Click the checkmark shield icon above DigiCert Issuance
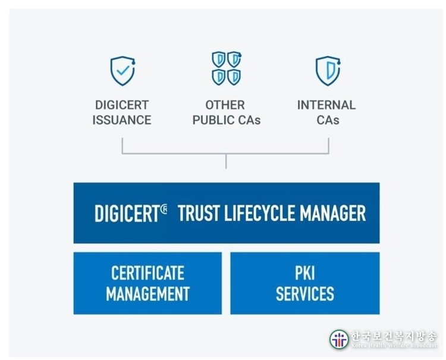pos(123,71)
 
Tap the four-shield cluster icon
pos(227,68)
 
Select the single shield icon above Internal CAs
pos(328,71)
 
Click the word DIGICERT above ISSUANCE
pos(122,105)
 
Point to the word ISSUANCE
pos(122,120)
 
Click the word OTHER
pos(225,105)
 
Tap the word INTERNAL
pos(326,105)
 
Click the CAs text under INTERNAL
pos(328,120)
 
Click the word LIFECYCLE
pos(259,213)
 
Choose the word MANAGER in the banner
pos(333,213)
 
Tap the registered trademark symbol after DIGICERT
pos(164,209)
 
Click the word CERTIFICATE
pos(147,273)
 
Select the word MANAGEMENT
pos(147,294)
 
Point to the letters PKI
pos(305,273)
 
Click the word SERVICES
pos(305,294)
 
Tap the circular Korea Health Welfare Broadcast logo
pos(339,340)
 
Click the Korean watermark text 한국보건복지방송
pos(394,336)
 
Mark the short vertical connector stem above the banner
pos(226,161)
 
